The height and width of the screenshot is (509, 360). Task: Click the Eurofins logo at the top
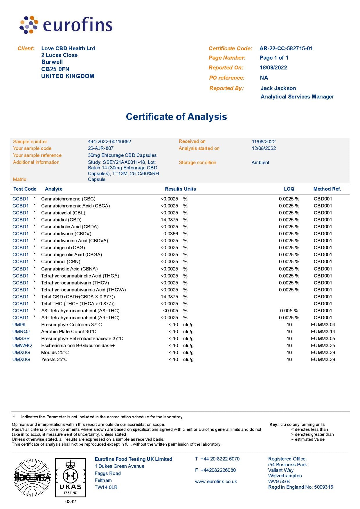(66, 25)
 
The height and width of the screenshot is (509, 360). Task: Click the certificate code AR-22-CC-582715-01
(286, 49)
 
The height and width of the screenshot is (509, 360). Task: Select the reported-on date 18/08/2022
(273, 68)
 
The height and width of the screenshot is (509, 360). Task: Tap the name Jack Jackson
(278, 88)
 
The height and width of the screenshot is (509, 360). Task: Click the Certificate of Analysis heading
(176, 117)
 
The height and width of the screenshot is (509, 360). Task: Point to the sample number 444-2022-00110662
(109, 141)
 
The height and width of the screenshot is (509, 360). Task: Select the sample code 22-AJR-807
(101, 148)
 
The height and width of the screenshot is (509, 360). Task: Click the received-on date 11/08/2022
(264, 141)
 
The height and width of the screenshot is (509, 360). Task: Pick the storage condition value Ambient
(260, 162)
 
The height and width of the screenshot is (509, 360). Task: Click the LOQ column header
(289, 189)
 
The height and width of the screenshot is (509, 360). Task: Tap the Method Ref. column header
(327, 189)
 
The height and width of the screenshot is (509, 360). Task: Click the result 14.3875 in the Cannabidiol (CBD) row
(169, 220)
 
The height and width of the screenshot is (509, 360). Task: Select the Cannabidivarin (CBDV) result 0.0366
(171, 234)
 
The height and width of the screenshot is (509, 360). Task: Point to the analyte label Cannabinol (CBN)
(61, 261)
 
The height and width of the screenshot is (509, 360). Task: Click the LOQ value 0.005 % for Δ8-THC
(289, 311)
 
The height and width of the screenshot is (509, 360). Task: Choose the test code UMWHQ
(22, 345)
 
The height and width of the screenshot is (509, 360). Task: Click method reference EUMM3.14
(323, 331)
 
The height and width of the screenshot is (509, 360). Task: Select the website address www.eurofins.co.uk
(216, 481)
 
